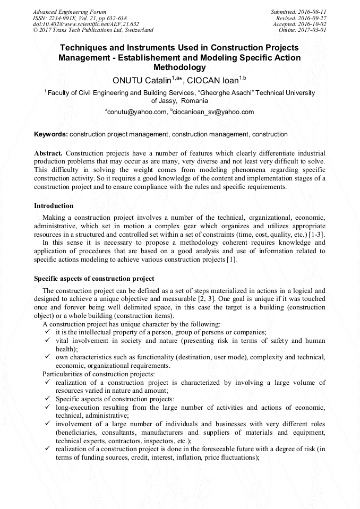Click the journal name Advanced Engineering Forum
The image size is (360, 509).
pyautogui.click(x=69, y=12)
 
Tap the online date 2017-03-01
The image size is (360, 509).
pyautogui.click(x=311, y=30)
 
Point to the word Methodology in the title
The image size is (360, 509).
pyautogui.click(x=179, y=67)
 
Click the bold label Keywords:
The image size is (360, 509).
pyautogui.click(x=50, y=134)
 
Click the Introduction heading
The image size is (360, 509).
pyautogui.click(x=54, y=206)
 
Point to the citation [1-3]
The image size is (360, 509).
pyautogui.click(x=316, y=234)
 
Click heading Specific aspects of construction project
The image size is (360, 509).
pyautogui.click(x=94, y=279)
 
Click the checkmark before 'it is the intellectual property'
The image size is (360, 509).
pyautogui.click(x=48, y=332)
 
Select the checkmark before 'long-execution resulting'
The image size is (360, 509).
pyautogui.click(x=48, y=408)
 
